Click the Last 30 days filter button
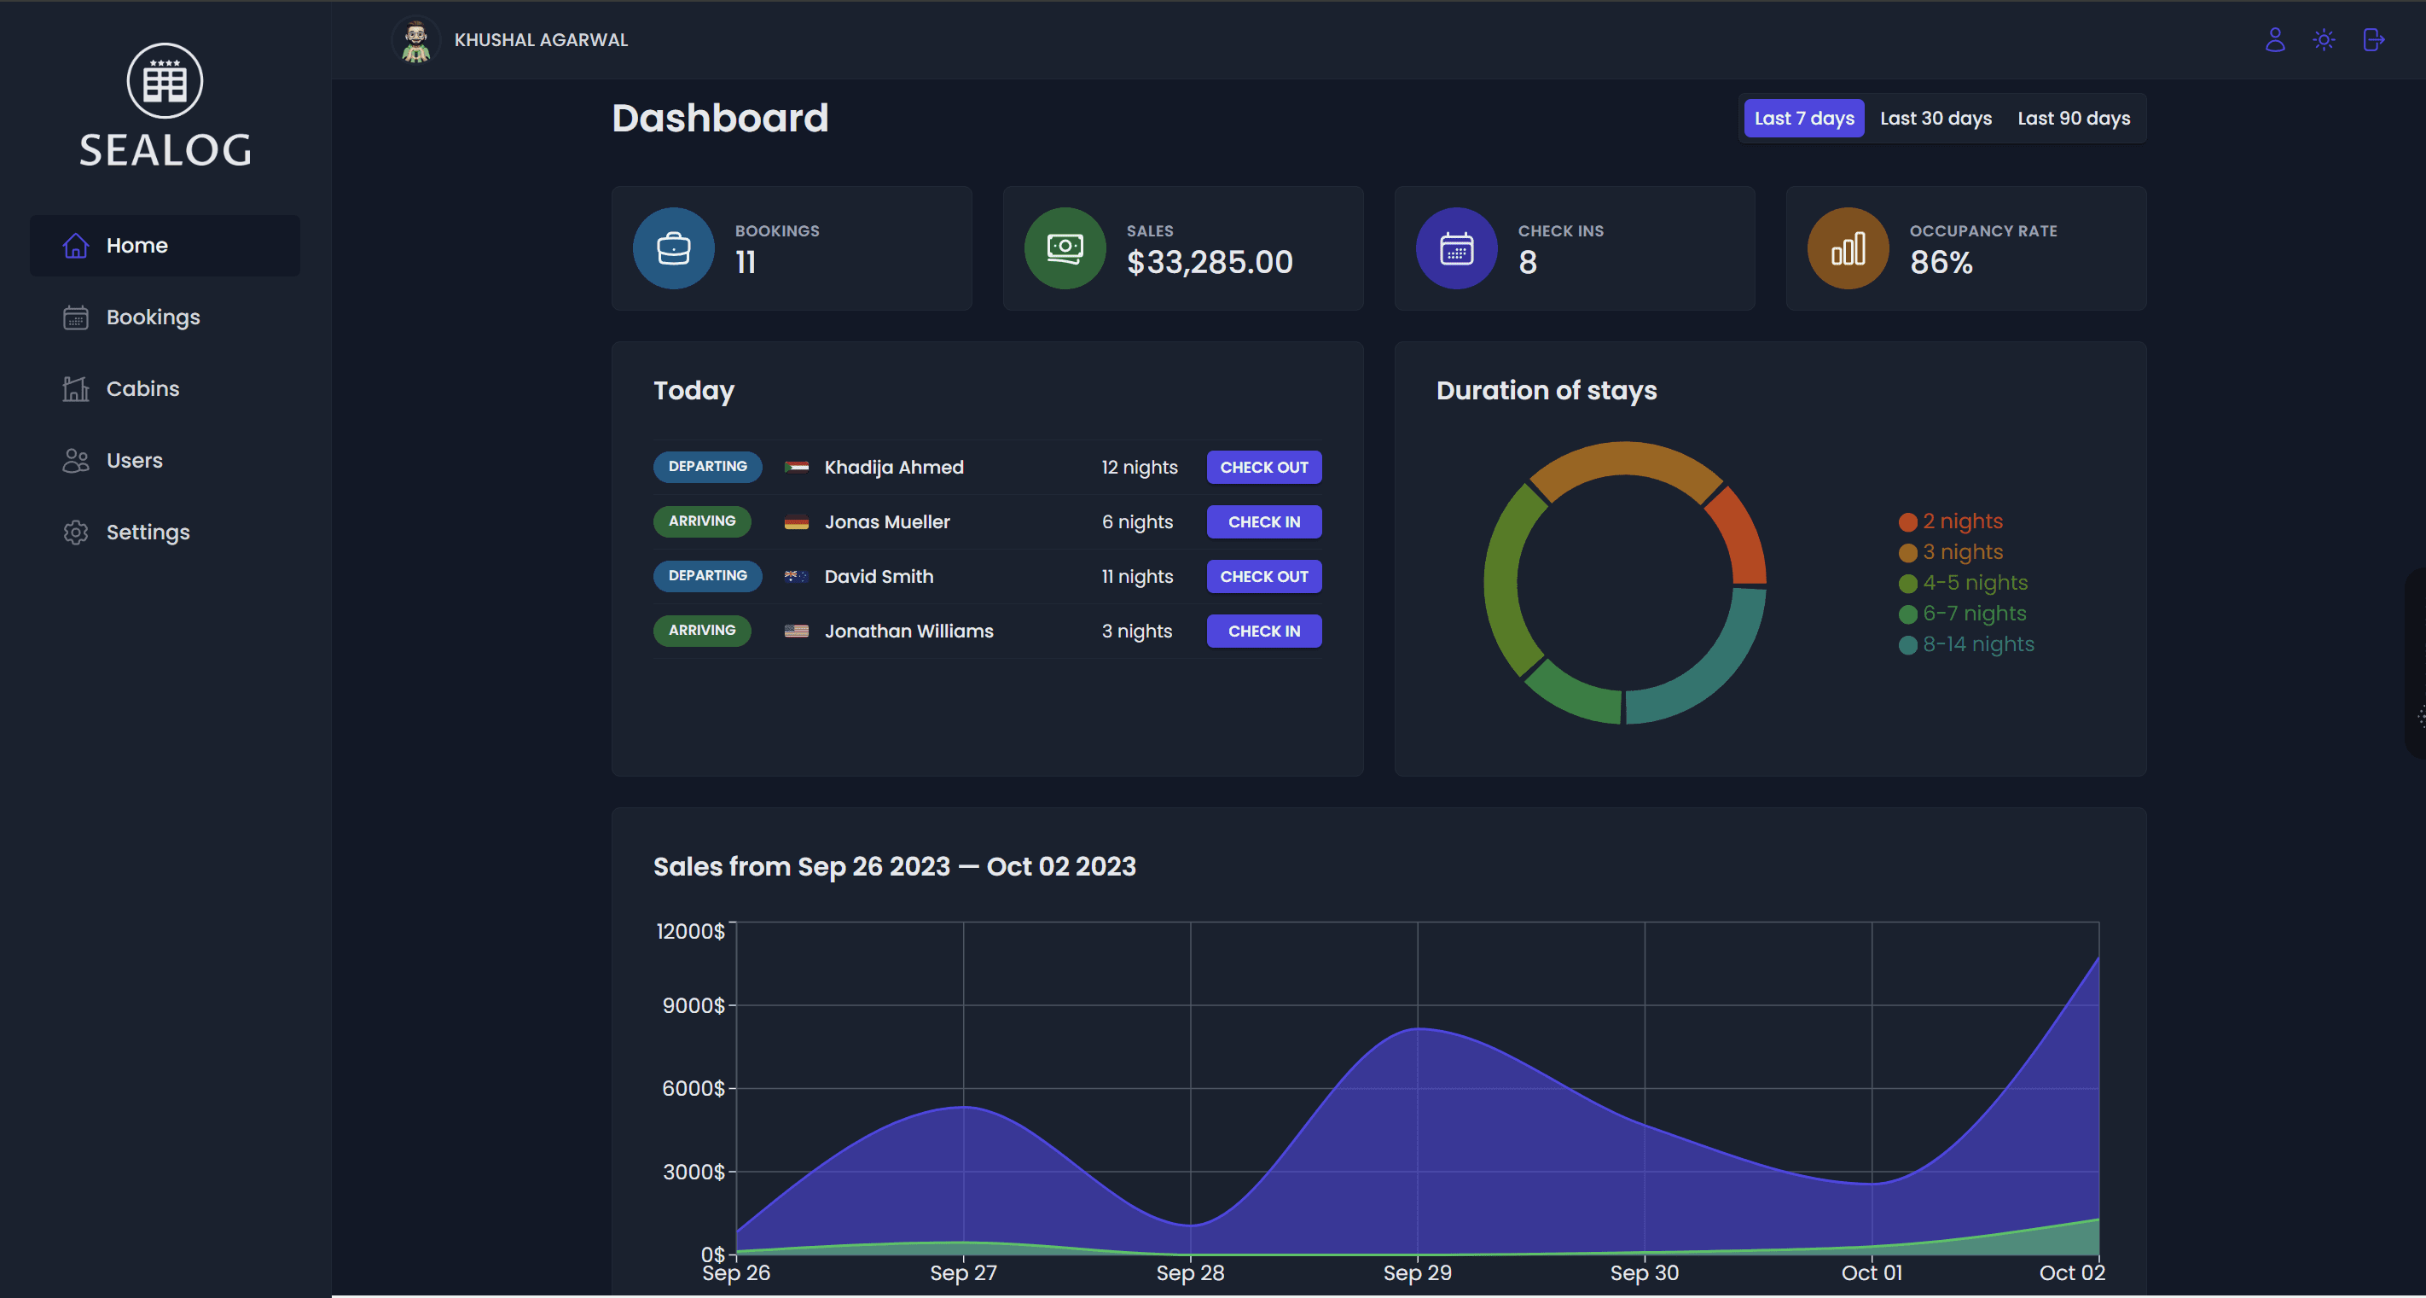(1936, 119)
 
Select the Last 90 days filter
(2073, 119)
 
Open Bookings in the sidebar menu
(153, 317)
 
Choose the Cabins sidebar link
(142, 389)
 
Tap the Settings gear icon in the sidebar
(75, 533)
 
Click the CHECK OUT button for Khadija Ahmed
(1263, 467)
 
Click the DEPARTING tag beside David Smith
(707, 575)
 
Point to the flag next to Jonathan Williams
(796, 632)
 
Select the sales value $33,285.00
(1210, 263)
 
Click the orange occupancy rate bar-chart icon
(1847, 248)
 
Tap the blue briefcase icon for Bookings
(672, 248)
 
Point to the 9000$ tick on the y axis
(694, 1005)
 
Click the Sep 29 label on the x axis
(1416, 1272)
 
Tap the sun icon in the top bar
(2324, 39)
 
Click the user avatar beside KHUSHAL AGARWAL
(415, 40)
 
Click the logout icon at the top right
(2373, 39)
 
